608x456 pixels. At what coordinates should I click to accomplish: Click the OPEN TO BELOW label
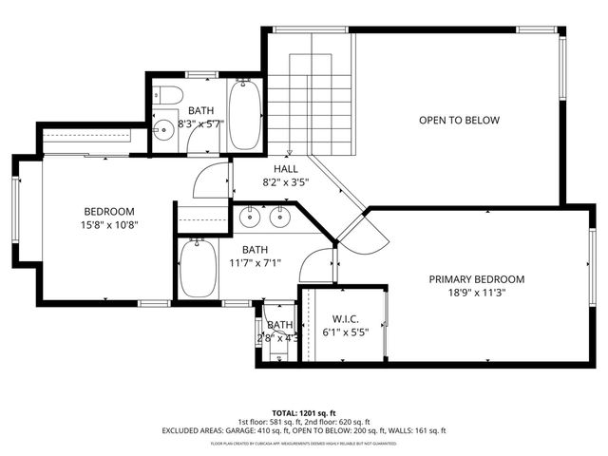click(x=460, y=121)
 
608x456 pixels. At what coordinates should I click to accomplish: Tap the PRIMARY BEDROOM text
click(x=477, y=279)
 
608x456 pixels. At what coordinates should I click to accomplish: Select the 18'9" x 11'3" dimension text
click(x=477, y=294)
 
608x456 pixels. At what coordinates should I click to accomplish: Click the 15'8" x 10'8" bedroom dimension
click(x=109, y=226)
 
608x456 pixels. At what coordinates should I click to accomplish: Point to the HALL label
click(x=274, y=168)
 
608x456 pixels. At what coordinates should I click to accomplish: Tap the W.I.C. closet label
click(x=344, y=319)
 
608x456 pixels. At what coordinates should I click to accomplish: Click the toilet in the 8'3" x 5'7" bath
click(x=168, y=95)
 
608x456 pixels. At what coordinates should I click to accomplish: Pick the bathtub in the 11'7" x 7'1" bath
click(x=197, y=269)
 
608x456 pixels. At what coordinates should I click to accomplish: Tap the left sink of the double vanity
click(x=250, y=218)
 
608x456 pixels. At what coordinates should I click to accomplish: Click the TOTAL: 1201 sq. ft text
click(x=299, y=413)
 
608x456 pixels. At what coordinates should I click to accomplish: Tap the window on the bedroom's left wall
click(x=15, y=218)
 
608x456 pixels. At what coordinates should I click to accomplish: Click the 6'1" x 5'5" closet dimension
click(x=344, y=333)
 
